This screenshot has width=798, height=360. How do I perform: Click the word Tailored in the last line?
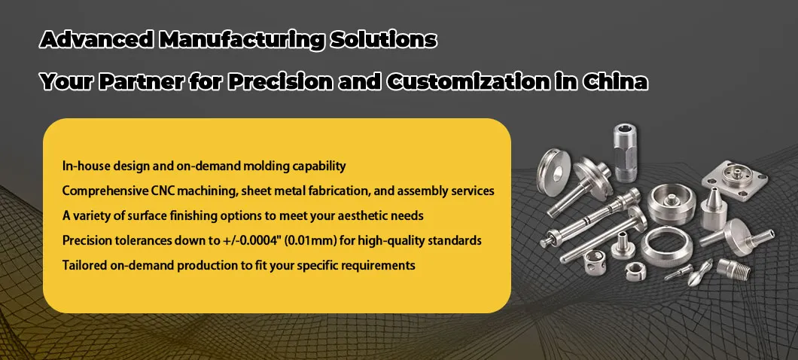[82, 265]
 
